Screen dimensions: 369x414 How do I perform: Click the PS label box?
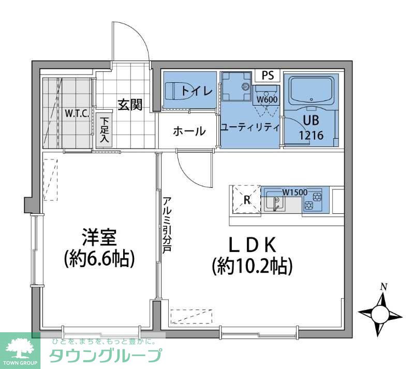[x=268, y=76]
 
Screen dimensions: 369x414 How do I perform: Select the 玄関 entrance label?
[x=129, y=105]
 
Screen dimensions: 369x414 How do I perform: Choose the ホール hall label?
[x=189, y=131]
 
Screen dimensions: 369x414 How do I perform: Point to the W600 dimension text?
[x=267, y=100]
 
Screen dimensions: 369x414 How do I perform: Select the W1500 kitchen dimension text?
[x=294, y=192]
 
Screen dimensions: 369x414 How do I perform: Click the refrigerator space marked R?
[x=247, y=200]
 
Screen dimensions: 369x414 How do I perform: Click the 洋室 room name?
[x=99, y=237]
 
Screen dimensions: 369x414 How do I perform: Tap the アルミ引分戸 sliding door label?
[x=167, y=224]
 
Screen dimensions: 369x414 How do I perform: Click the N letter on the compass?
[x=383, y=286]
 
